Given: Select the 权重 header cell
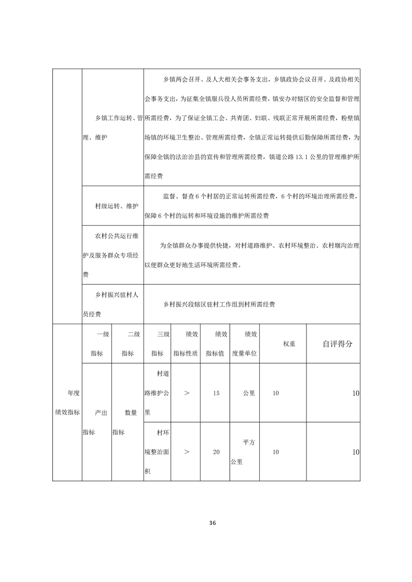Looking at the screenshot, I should tap(289, 343).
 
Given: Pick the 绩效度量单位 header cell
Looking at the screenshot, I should tap(245, 343).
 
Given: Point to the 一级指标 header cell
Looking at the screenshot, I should tap(97, 343).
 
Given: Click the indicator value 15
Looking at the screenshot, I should tap(216, 393).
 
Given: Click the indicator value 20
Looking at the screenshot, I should tap(216, 452).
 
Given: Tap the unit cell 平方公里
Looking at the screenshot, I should tap(245, 452).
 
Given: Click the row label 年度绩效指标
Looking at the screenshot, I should tap(67, 403).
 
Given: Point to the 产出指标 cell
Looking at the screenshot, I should tap(97, 422).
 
